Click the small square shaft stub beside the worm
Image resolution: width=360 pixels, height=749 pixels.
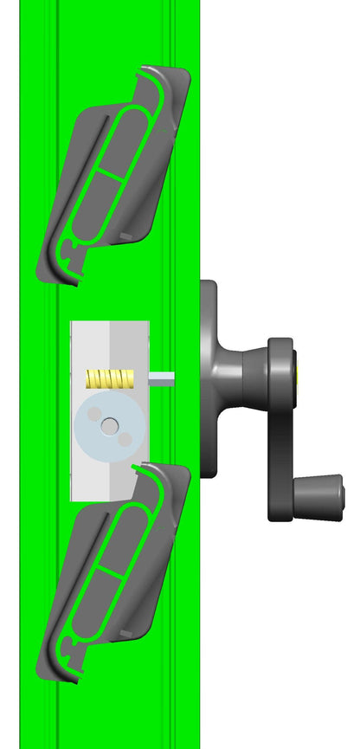(x=163, y=378)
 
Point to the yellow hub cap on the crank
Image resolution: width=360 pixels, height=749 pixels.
(x=300, y=374)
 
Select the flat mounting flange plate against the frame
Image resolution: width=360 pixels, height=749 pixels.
(x=209, y=378)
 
